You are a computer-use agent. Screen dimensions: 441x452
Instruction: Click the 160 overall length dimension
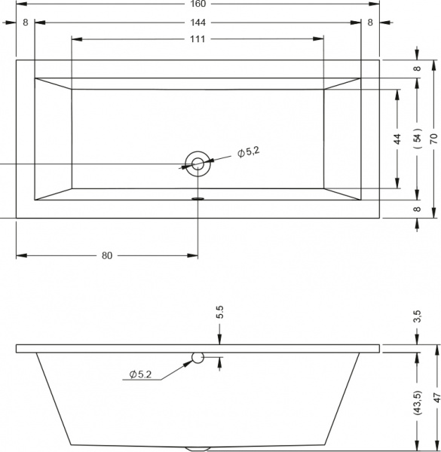198,4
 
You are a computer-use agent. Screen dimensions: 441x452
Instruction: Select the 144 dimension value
198,23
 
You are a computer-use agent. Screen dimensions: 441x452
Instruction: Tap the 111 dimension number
198,39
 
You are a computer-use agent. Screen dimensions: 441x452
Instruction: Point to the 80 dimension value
107,255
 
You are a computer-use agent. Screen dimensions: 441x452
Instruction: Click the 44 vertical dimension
397,139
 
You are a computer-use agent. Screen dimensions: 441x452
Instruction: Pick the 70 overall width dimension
433,139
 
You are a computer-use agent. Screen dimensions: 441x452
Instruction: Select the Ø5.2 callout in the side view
140,374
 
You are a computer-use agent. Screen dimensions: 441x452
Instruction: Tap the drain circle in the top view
198,163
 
